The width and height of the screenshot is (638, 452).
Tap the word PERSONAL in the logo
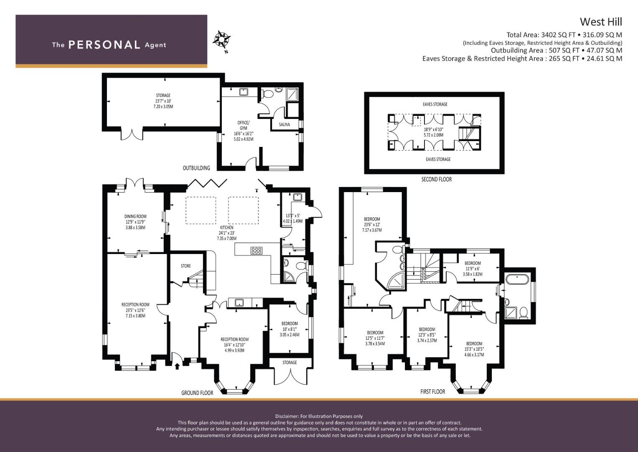click(104, 45)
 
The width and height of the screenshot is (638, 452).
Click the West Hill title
click(601, 22)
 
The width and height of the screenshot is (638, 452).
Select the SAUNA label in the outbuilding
click(284, 124)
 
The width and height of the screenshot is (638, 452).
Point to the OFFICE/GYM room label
click(243, 125)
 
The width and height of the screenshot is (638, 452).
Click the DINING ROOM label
click(135, 216)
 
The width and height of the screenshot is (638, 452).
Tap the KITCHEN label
click(227, 227)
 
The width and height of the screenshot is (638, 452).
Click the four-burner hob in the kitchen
click(257, 251)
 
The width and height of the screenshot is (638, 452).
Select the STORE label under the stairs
click(186, 266)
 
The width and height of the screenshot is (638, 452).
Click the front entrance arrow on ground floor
click(177, 366)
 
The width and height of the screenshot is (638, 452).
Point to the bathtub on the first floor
click(517, 279)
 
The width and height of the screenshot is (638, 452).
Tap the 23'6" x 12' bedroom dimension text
click(372, 225)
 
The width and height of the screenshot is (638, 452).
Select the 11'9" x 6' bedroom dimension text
click(473, 269)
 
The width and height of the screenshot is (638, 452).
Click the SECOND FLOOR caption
click(436, 180)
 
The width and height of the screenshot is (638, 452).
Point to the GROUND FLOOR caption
click(197, 393)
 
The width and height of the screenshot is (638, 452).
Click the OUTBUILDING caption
click(196, 168)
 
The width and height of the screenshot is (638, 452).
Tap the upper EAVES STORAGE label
click(435, 105)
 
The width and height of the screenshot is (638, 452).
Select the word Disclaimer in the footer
click(287, 416)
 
